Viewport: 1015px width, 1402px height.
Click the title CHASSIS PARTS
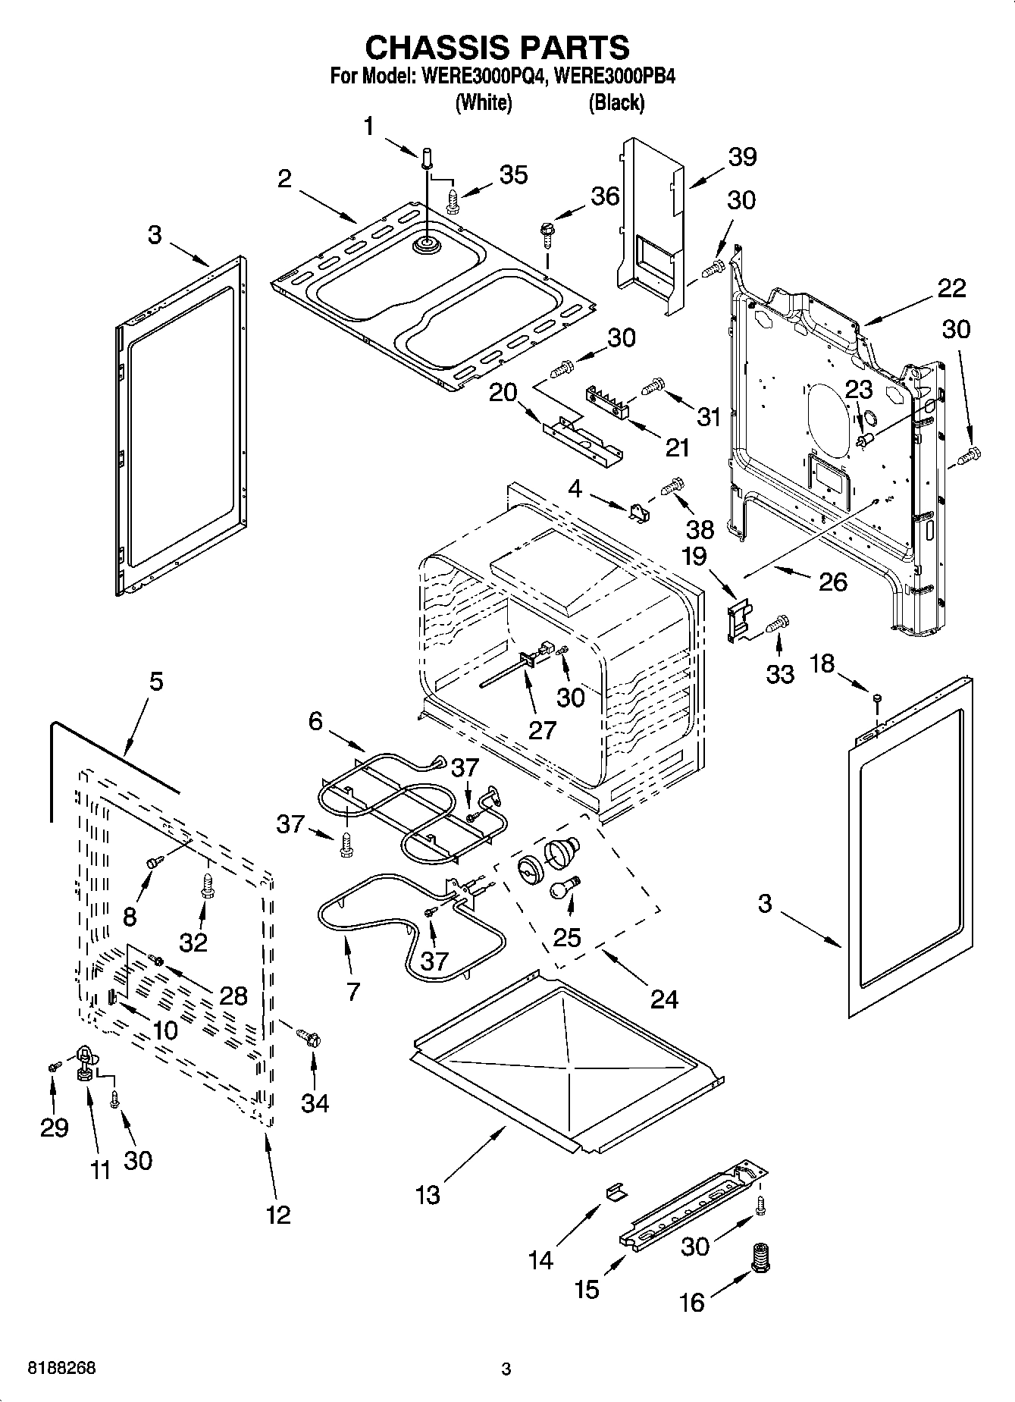click(x=497, y=47)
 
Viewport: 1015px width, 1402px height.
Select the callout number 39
click(x=742, y=157)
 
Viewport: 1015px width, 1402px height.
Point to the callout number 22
click(x=951, y=288)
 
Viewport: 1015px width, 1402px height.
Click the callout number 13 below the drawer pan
click(x=428, y=1195)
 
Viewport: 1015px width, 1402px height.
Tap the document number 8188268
click(x=61, y=1369)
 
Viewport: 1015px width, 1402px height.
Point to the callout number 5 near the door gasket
click(x=155, y=681)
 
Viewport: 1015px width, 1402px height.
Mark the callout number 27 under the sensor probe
click(x=543, y=729)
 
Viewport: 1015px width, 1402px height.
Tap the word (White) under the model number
click(x=484, y=102)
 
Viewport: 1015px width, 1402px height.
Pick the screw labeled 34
click(x=309, y=1037)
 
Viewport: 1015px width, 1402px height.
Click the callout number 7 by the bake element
click(x=352, y=991)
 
